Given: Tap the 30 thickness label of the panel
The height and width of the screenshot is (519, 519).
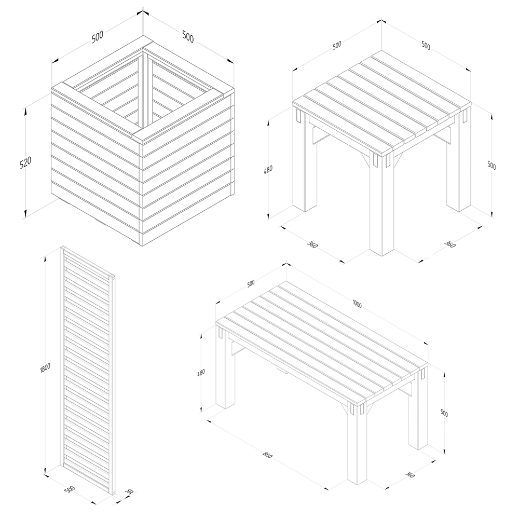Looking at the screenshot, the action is [129, 492].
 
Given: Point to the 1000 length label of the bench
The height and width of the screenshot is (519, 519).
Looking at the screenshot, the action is [358, 304].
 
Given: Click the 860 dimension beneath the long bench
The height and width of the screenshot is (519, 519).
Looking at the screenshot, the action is [267, 455].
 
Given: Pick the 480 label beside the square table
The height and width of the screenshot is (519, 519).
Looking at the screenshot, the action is [268, 170].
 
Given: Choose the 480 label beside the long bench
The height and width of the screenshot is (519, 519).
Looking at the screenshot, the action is [200, 372].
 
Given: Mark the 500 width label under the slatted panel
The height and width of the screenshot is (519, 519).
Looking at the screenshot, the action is [70, 490].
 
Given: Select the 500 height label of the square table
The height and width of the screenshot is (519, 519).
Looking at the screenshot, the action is [491, 165].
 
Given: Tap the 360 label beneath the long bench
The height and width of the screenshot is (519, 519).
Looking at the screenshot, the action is [410, 475].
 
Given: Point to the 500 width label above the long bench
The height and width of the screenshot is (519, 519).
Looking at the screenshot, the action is [251, 283].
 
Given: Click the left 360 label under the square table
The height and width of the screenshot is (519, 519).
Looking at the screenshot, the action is [312, 245].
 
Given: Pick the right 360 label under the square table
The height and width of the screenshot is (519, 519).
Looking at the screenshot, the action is [450, 244].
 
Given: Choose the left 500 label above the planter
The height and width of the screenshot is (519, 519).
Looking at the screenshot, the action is [98, 36].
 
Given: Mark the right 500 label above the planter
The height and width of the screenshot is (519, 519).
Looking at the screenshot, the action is [188, 36].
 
